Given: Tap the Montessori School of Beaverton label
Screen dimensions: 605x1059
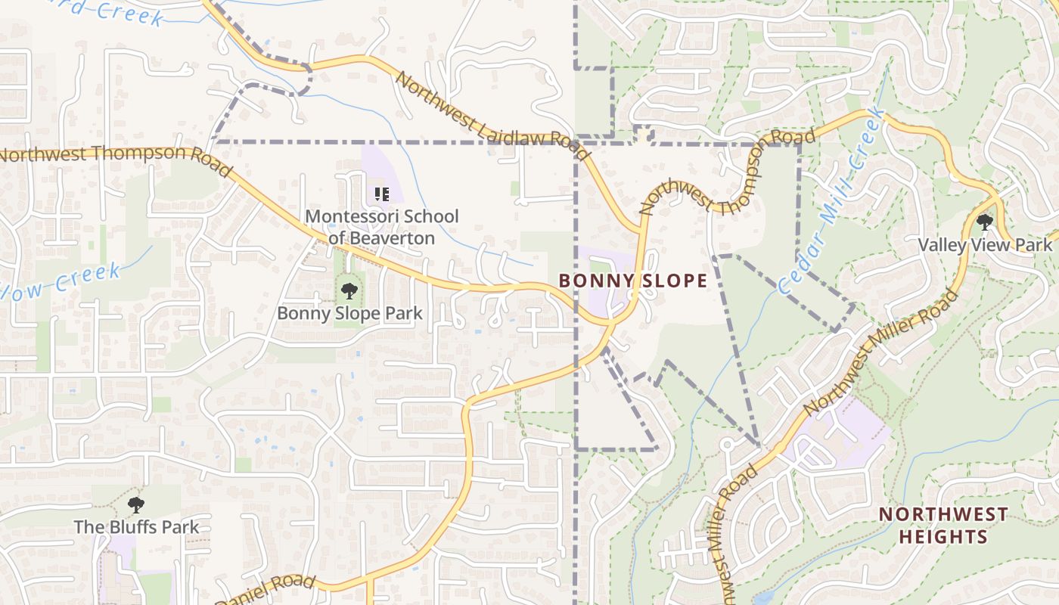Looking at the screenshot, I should pos(381,227).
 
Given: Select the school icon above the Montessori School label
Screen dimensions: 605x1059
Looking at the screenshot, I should pos(382,194).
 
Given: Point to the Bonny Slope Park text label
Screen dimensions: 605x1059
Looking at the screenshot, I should pos(349,313).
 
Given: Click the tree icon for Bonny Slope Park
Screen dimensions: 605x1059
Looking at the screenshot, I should pos(349,290).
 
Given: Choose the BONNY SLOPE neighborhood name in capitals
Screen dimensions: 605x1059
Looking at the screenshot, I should pos(633,281).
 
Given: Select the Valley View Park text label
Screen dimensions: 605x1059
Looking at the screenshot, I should pos(984,245).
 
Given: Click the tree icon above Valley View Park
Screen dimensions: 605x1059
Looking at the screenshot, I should pos(984,222).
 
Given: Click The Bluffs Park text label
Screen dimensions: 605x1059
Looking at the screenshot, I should pos(136,527).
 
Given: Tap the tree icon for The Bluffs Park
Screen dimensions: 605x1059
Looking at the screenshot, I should pos(136,504).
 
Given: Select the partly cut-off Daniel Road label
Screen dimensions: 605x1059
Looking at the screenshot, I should pos(265,589).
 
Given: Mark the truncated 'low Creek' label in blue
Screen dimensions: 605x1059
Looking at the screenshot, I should pos(61,280).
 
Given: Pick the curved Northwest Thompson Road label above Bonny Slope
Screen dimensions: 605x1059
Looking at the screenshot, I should pos(726,174).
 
